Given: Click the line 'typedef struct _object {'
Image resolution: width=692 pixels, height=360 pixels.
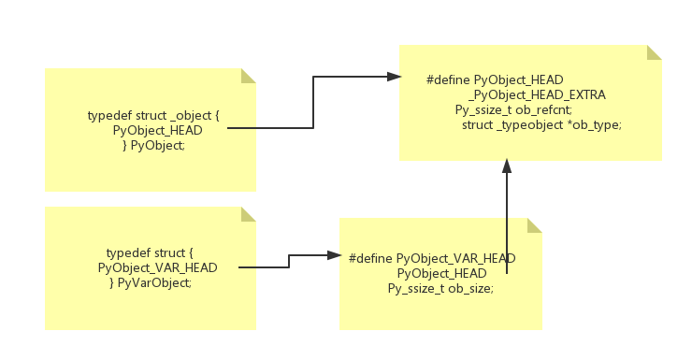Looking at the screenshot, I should pos(153,115).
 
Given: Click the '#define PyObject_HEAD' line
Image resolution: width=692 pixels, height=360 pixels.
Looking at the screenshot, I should pos(495,80).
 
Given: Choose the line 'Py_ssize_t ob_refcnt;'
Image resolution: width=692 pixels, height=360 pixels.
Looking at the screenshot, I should pos(513,109).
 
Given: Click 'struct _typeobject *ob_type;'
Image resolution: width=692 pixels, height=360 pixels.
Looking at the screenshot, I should pos(541,124).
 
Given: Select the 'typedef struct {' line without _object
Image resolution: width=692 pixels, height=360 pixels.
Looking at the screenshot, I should pos(150,253).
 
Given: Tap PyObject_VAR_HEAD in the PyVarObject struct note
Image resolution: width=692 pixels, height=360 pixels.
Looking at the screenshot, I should pos(157,267).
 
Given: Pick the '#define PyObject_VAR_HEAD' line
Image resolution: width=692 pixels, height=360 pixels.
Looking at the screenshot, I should pos(432,258).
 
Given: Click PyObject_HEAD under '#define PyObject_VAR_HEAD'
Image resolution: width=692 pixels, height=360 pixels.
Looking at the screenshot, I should pos(441,273).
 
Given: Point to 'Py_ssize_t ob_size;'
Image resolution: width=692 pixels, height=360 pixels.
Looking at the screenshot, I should pos(440,288).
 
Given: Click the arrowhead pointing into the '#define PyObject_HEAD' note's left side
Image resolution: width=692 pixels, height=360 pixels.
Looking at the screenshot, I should pos(394,77).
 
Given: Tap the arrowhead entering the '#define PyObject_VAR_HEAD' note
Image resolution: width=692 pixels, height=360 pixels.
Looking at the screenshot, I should pos(334,254).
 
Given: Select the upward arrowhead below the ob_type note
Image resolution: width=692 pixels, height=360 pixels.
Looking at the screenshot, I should pos(507,166).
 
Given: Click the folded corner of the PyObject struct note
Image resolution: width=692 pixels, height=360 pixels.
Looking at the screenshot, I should pos(249,76).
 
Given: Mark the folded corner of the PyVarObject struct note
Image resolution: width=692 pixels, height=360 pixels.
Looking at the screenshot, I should pos(249,214).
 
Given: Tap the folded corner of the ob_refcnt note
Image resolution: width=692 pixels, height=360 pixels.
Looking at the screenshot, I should pos(655,52).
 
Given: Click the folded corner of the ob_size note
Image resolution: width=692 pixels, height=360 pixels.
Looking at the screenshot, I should pos(535,225).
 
